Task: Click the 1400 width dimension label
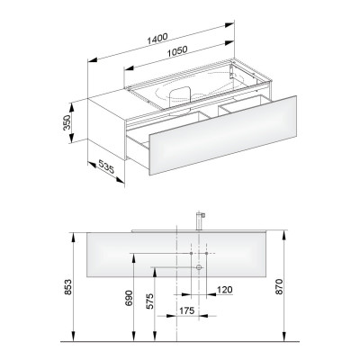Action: pos(157,39)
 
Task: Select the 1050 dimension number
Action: pos(177,51)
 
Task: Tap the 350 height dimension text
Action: pos(67,122)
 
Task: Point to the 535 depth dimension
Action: pos(106,166)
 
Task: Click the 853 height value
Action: pos(68,287)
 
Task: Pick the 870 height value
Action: pos(279,286)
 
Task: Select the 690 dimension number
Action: pos(129,298)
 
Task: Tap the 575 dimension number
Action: pos(149,301)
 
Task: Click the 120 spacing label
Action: pos(224,290)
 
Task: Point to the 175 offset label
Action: pos(187,310)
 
